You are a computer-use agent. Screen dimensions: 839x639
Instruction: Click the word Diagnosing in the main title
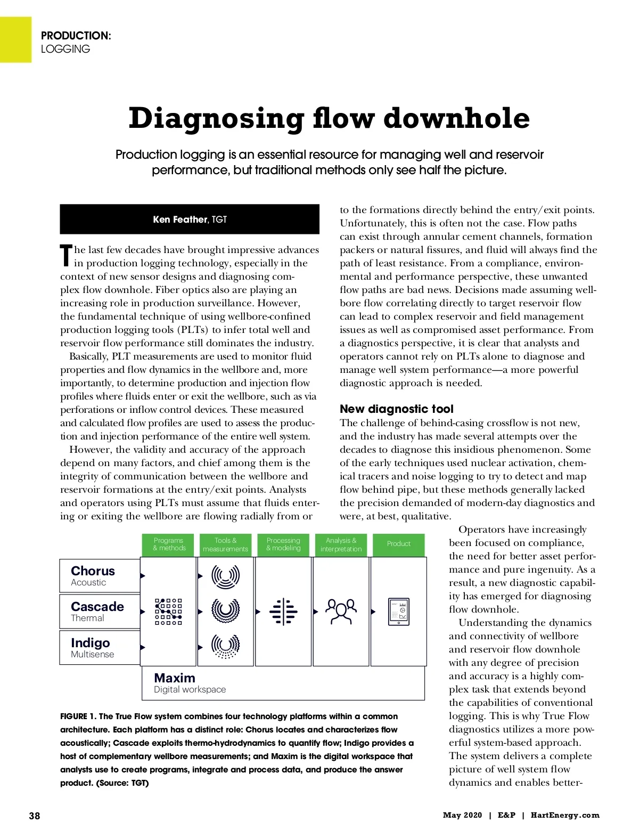pyautogui.click(x=216, y=119)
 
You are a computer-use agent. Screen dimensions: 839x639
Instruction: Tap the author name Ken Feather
pyautogui.click(x=180, y=219)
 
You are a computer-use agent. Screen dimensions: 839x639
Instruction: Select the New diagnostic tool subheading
pyautogui.click(x=397, y=409)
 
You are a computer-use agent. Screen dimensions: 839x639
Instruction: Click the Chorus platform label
pyautogui.click(x=93, y=571)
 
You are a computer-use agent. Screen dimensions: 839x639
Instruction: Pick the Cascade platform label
pyautogui.click(x=97, y=607)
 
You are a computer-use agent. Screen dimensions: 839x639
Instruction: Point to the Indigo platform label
pyautogui.click(x=91, y=643)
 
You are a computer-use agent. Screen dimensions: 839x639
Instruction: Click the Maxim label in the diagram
pyautogui.click(x=175, y=678)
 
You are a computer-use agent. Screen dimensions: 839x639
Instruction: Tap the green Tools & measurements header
pyautogui.click(x=225, y=544)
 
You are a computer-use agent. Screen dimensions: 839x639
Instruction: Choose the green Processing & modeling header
pyautogui.click(x=283, y=544)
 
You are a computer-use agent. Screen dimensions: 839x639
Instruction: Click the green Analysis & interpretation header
pyautogui.click(x=341, y=544)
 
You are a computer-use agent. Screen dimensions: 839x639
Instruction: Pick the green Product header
pyautogui.click(x=399, y=544)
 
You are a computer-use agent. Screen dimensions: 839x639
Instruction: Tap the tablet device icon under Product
pyautogui.click(x=399, y=612)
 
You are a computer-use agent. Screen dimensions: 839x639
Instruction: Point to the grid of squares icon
pyautogui.click(x=169, y=612)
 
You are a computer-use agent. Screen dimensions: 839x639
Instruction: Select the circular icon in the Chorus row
pyautogui.click(x=225, y=576)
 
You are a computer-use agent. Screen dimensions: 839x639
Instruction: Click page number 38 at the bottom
pyautogui.click(x=35, y=816)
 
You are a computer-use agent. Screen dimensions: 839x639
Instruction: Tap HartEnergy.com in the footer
pyautogui.click(x=565, y=815)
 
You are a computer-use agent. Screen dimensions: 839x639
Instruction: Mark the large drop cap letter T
pyautogui.click(x=65, y=256)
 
